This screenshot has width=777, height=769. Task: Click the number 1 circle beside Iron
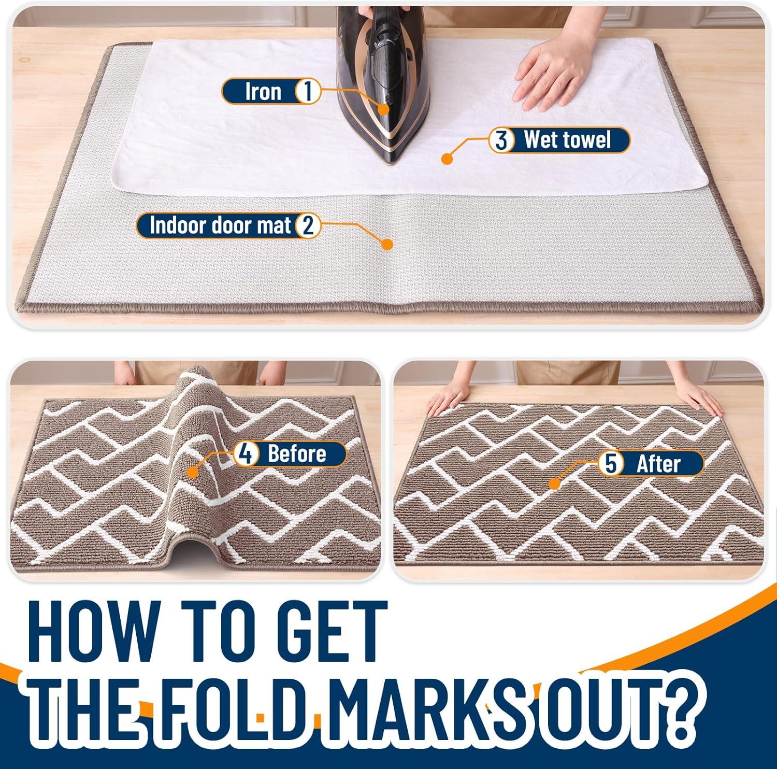[308, 92]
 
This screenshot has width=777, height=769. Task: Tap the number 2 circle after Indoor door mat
[308, 226]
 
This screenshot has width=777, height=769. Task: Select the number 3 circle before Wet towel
[501, 140]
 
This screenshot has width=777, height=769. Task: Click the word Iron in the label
[263, 92]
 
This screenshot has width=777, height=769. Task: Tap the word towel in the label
[587, 140]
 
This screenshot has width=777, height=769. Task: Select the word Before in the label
[297, 454]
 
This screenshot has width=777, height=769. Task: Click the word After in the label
[658, 463]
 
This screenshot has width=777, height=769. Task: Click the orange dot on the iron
[383, 109]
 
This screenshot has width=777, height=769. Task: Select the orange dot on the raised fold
[193, 472]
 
